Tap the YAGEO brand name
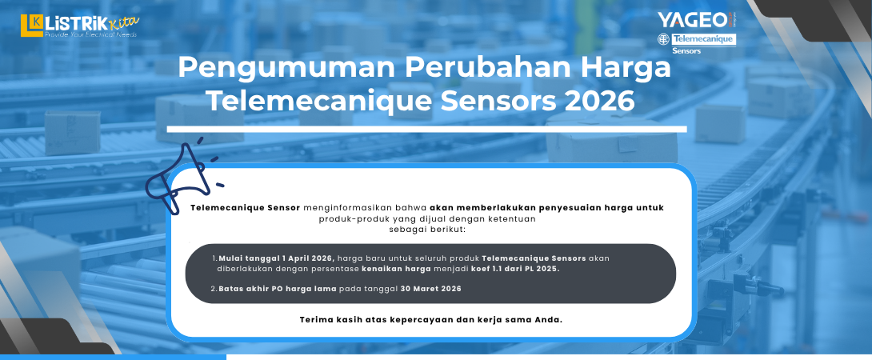692,19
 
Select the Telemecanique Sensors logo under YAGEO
695,42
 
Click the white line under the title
426,129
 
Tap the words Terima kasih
332,320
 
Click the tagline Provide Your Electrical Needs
90,35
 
